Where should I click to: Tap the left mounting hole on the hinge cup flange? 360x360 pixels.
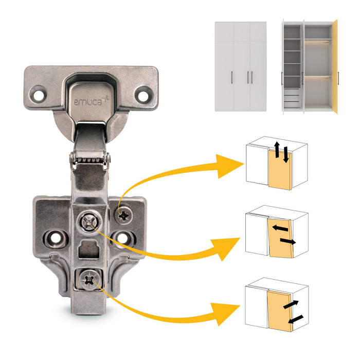(x=38, y=94)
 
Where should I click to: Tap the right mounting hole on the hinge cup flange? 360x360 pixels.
(x=143, y=94)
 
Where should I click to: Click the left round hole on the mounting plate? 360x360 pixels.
(x=53, y=237)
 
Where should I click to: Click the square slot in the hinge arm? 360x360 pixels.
(x=89, y=250)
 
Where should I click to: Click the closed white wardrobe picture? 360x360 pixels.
(x=240, y=65)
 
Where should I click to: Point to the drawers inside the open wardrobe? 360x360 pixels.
(x=292, y=98)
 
